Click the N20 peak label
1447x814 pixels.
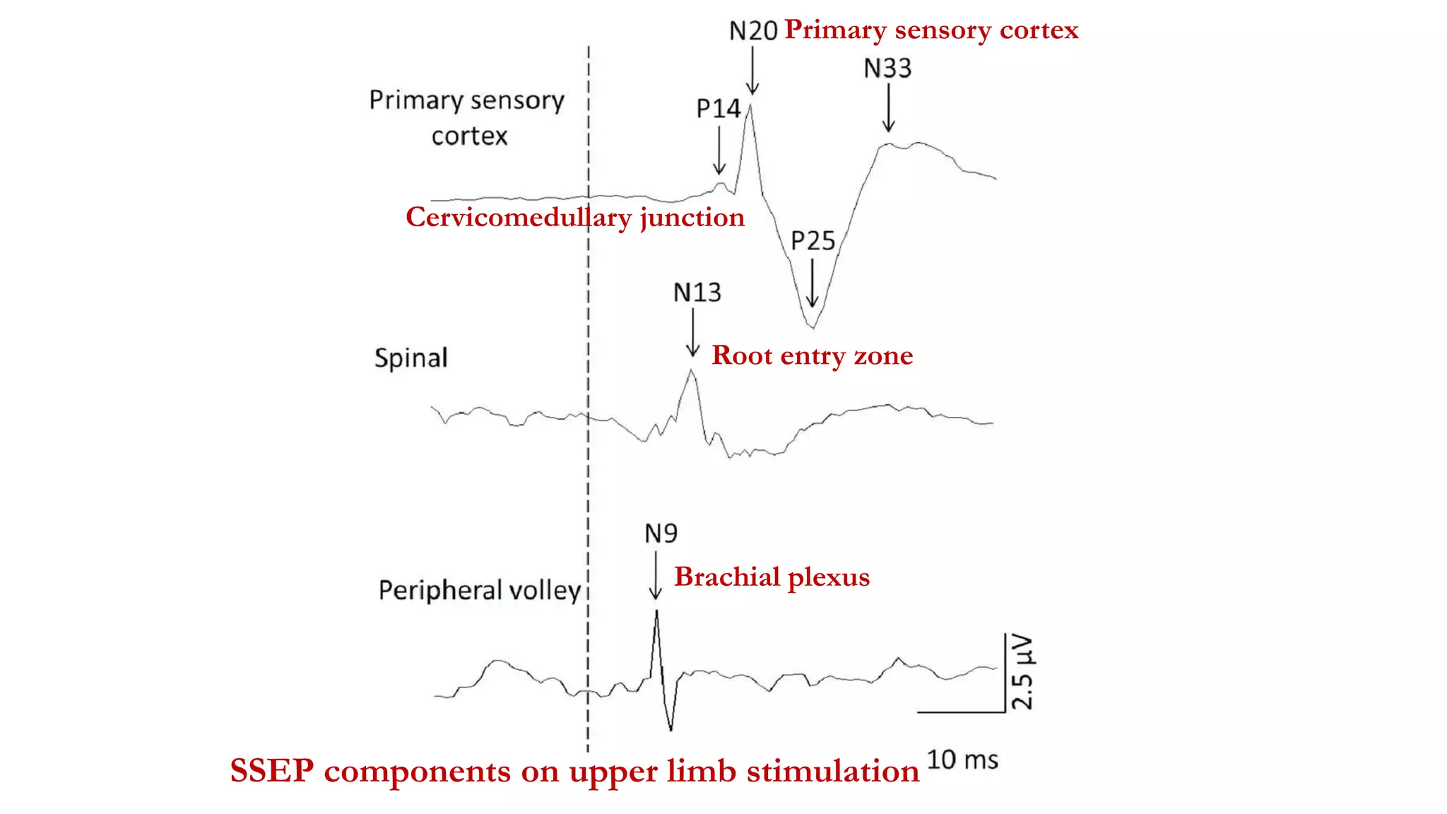point(753,31)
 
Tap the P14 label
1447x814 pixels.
point(719,109)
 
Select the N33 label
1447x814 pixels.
point(888,69)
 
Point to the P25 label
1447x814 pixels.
point(813,242)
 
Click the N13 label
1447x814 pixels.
point(697,293)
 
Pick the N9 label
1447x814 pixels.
point(661,533)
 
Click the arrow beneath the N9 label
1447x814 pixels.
point(656,576)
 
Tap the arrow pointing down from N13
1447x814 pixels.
point(693,333)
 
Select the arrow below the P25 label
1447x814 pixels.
point(813,283)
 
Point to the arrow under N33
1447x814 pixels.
point(889,107)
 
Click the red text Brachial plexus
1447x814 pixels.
point(772,577)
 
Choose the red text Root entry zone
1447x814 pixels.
point(813,355)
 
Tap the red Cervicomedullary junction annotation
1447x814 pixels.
point(575,218)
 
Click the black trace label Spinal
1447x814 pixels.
point(411,358)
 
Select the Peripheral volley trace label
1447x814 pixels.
point(480,590)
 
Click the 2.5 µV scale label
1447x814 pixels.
point(1022,672)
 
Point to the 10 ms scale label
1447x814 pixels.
point(962,760)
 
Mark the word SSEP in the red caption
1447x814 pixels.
point(272,771)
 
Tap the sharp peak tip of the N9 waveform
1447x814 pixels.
point(657,611)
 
